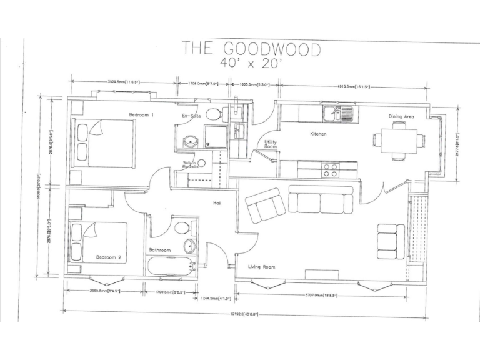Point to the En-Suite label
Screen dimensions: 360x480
pyautogui.click(x=191, y=116)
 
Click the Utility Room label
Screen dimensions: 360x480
pyautogui.click(x=270, y=145)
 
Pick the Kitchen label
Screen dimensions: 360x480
pyautogui.click(x=319, y=134)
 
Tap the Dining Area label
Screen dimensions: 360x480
pyautogui.click(x=402, y=116)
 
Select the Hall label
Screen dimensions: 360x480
pyautogui.click(x=217, y=203)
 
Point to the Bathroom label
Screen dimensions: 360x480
pyautogui.click(x=159, y=250)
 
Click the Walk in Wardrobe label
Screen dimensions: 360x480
pyautogui.click(x=190, y=165)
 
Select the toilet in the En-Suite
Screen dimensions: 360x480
pyautogui.click(x=213, y=114)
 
